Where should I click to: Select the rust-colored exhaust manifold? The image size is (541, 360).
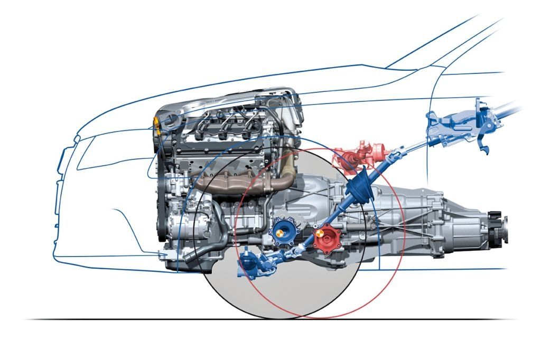227,182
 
